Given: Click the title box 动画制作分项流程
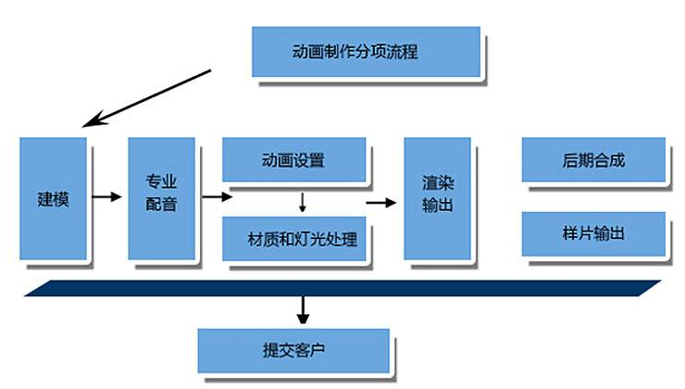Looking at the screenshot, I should (366, 51).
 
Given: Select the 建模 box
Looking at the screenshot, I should (53, 198).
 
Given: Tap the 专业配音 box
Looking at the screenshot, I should (161, 197).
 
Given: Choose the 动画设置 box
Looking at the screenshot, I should (293, 159).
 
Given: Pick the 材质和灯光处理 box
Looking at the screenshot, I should (294, 238).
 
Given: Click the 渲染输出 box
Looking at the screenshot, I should (437, 197).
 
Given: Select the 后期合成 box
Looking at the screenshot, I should (593, 159).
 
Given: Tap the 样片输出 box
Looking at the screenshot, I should (593, 233).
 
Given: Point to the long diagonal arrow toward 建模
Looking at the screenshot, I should (148, 97).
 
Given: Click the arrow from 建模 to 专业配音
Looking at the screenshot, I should (107, 197).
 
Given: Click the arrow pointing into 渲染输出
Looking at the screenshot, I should (380, 200).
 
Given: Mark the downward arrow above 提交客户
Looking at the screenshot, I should (304, 308).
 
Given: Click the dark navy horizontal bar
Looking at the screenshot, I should (342, 287).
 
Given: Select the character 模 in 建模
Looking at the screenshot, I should (61, 198).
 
